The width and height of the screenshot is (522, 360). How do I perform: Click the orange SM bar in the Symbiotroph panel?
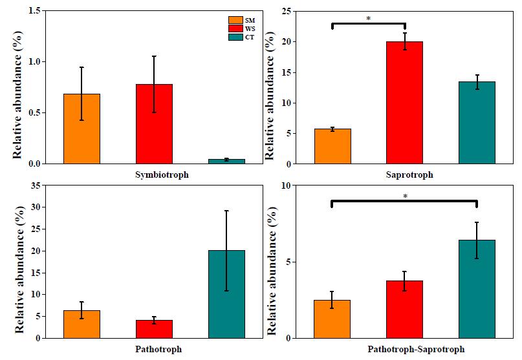click(x=82, y=129)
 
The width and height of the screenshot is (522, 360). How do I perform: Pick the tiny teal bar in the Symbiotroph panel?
click(x=226, y=161)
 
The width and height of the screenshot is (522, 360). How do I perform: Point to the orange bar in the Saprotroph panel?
click(x=332, y=146)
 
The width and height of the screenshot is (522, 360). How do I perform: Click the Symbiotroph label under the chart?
click(x=154, y=175)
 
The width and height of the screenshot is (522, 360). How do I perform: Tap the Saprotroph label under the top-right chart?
click(x=405, y=175)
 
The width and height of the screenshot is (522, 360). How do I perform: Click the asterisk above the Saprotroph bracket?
click(x=368, y=19)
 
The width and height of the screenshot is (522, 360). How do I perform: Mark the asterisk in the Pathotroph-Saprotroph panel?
click(x=404, y=196)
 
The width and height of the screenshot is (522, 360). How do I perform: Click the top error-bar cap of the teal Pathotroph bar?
click(x=226, y=211)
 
